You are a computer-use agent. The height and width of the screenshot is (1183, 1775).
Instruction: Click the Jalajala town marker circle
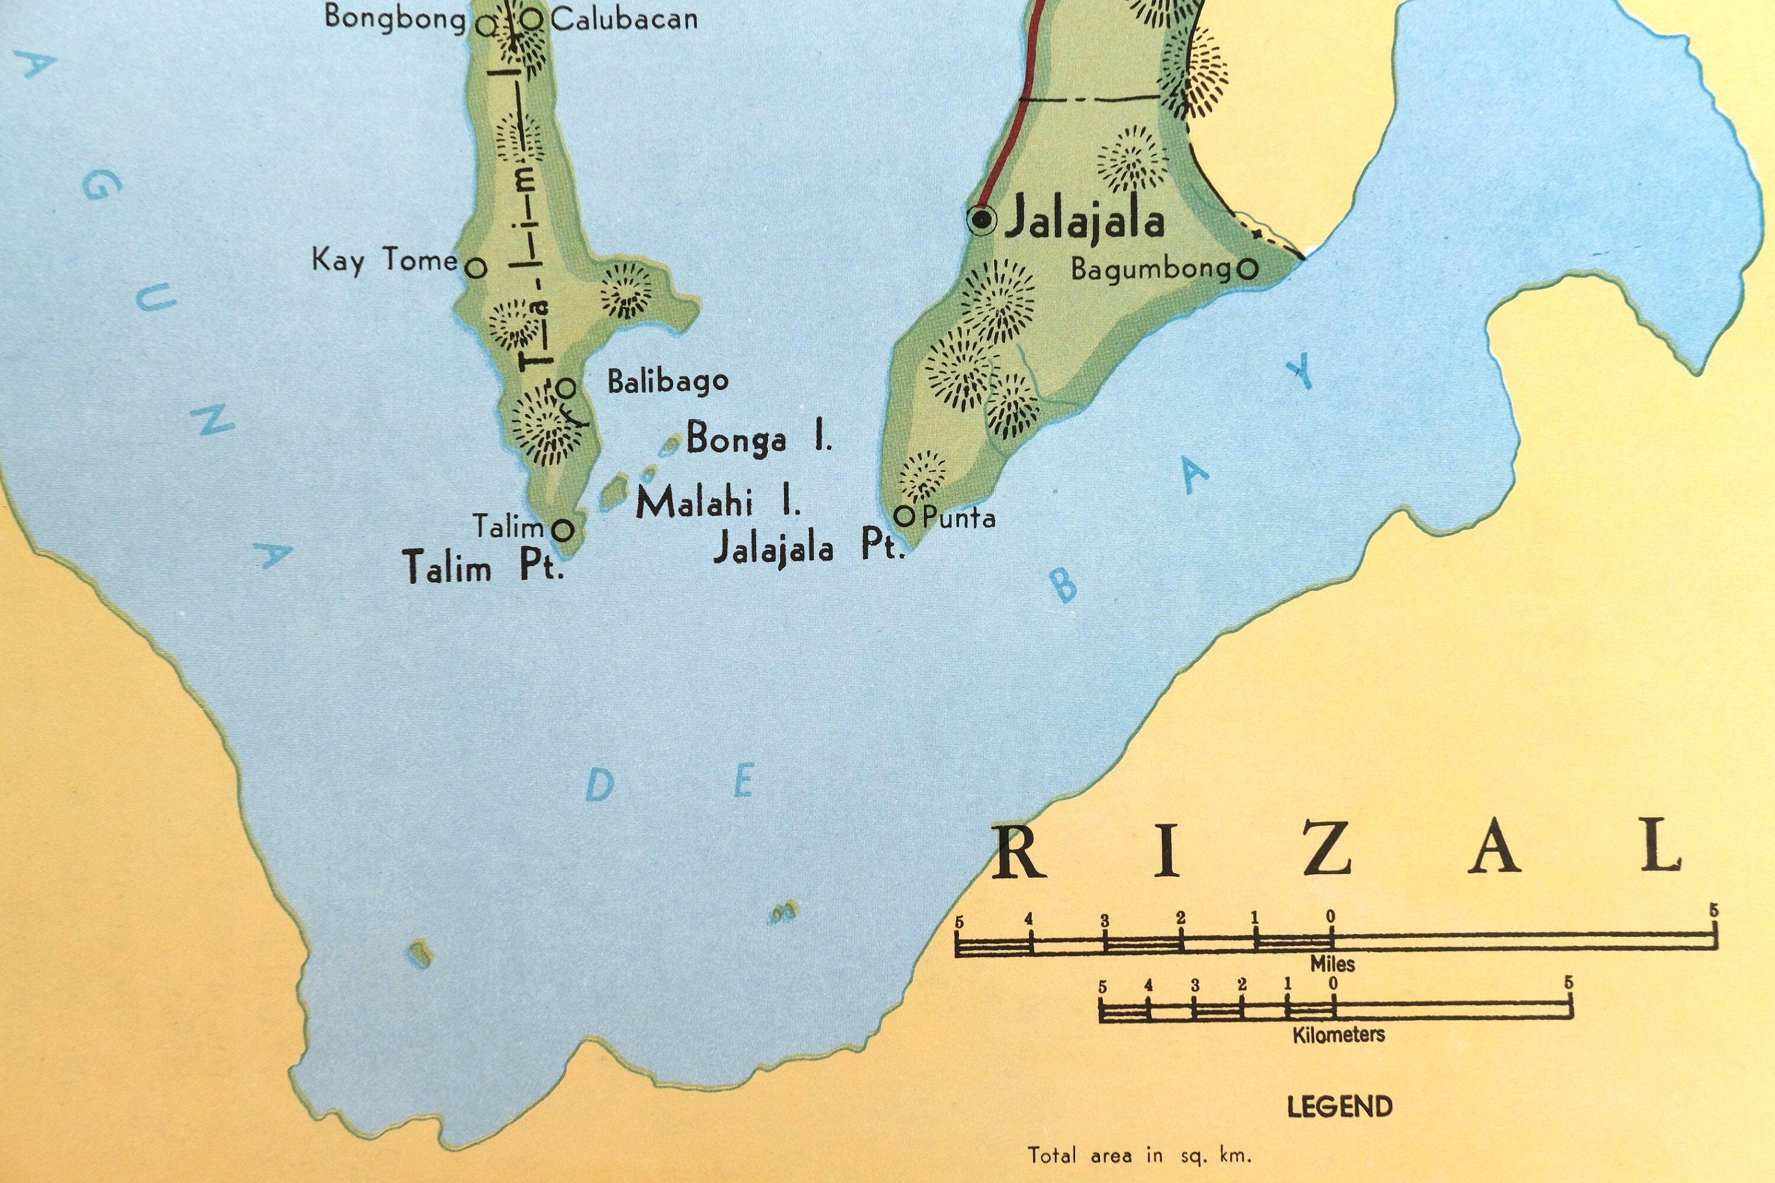tap(981, 219)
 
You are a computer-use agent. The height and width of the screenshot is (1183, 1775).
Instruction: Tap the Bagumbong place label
tap(1150, 269)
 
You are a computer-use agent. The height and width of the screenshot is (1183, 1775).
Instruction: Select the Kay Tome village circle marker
tap(476, 268)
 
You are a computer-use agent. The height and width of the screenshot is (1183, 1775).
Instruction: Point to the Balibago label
tap(667, 382)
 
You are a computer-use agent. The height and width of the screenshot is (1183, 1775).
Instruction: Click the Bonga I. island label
tap(758, 438)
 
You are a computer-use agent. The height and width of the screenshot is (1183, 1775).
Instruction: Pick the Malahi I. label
tap(717, 502)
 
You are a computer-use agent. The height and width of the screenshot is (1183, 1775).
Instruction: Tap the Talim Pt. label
tap(483, 567)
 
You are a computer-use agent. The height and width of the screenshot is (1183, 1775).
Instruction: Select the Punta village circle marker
tap(904, 517)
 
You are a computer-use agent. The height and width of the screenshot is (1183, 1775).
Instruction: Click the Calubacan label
tap(624, 20)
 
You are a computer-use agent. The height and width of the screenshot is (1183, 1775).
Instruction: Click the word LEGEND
tap(1340, 1107)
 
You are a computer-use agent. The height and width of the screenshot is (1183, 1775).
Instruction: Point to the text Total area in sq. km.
tap(1139, 1155)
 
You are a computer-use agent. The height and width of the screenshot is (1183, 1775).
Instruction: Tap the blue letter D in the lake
tap(600, 786)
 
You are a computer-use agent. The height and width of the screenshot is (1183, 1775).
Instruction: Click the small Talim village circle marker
tap(562, 529)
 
